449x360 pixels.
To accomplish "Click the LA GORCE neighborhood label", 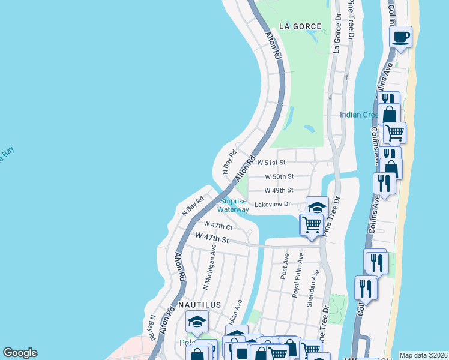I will pyautogui.click(x=300, y=26).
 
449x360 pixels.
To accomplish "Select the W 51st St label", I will pyautogui.click(x=271, y=162).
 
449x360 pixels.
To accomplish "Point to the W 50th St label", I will pyautogui.click(x=279, y=176).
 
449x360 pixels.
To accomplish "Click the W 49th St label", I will pyautogui.click(x=279, y=190).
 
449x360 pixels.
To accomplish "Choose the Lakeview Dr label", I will pyautogui.click(x=273, y=205).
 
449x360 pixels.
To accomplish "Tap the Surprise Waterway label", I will pyautogui.click(x=234, y=205).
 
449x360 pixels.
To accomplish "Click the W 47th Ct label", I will pyautogui.click(x=218, y=226).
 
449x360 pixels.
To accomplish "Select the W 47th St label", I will pyautogui.click(x=212, y=239).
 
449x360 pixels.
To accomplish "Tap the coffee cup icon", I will pyautogui.click(x=400, y=37).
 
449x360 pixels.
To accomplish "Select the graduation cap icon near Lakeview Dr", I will pyautogui.click(x=316, y=207).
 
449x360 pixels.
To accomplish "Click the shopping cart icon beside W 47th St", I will pyautogui.click(x=311, y=224).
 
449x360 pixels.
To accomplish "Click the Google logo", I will pyautogui.click(x=20, y=353).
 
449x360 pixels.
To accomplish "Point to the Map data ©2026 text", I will pyautogui.click(x=424, y=355).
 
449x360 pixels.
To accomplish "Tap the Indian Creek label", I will pyautogui.click(x=358, y=115).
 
